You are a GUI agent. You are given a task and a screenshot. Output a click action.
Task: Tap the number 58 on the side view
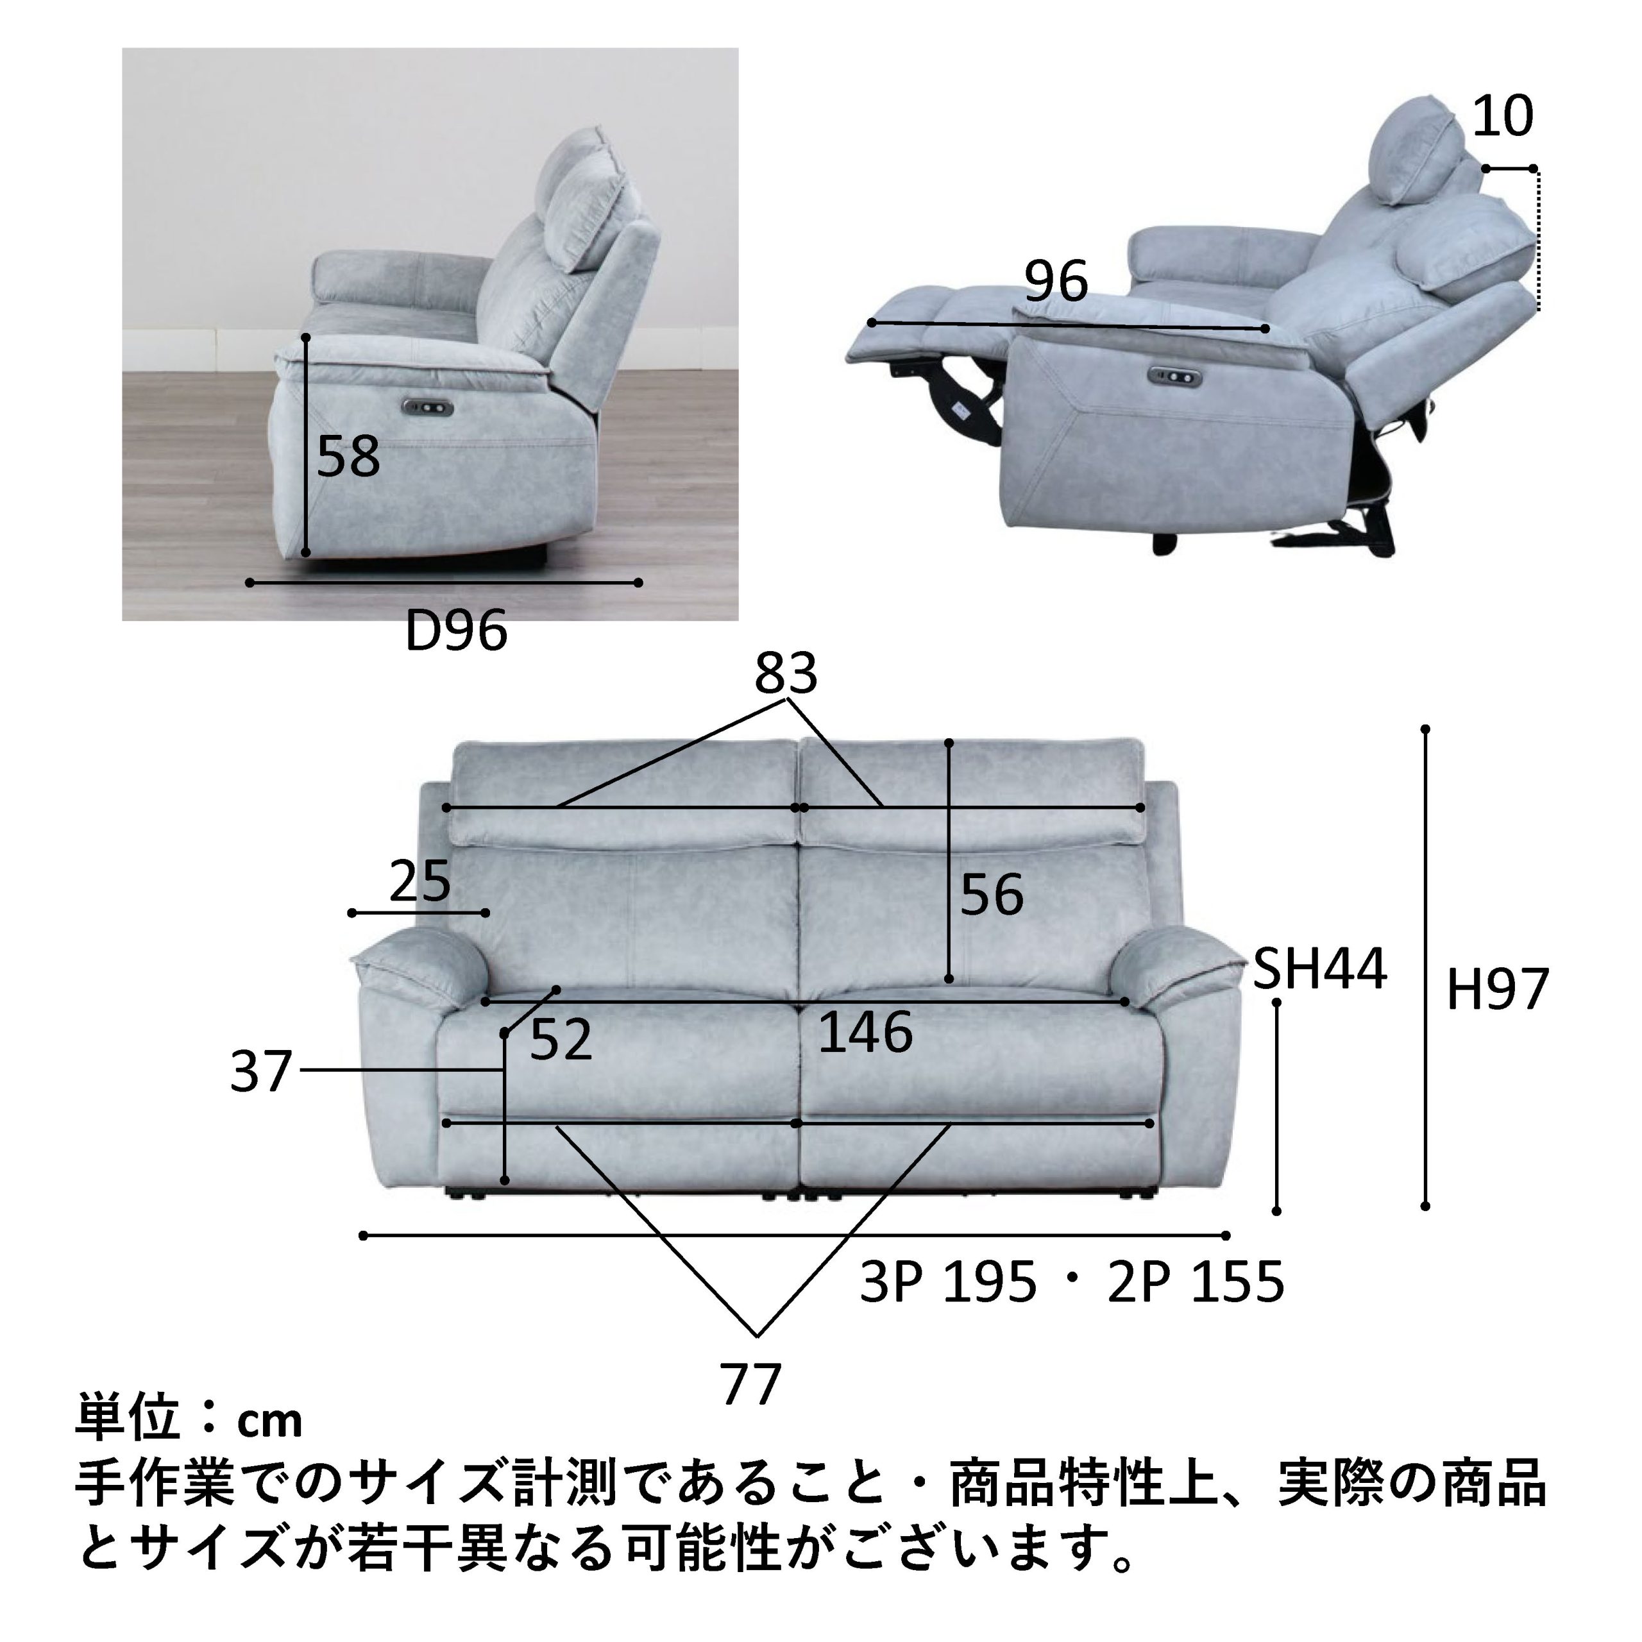[x=348, y=457]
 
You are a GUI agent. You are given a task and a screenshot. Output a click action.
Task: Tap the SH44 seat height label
[x=1321, y=969]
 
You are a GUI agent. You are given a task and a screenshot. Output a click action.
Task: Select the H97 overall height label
[x=1498, y=990]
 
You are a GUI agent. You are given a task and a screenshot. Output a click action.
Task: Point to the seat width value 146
[x=865, y=1033]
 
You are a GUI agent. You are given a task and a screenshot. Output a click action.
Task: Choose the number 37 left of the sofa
[x=261, y=1072]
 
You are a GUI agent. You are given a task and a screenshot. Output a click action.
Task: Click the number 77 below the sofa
[x=751, y=1385]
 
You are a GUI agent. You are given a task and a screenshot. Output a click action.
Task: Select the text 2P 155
[x=1196, y=1283]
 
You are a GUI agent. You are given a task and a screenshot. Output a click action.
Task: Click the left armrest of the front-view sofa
[x=420, y=967]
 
